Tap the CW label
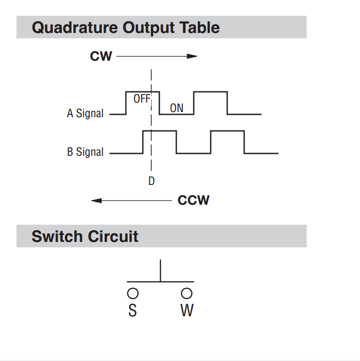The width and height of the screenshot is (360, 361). (101, 56)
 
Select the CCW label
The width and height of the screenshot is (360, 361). (193, 201)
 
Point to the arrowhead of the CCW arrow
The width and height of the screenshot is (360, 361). (96, 201)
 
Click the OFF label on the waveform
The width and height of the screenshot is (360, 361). (142, 99)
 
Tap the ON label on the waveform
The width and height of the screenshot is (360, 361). (176, 108)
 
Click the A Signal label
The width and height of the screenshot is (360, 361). (85, 113)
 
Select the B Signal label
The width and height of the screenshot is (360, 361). (85, 152)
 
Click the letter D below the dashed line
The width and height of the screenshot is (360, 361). (151, 181)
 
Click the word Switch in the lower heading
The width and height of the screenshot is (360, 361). (57, 236)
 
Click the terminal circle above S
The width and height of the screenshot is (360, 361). (133, 293)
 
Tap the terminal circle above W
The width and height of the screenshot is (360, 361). (187, 293)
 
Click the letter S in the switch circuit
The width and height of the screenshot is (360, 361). (133, 310)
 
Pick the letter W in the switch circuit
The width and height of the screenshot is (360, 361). (187, 310)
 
